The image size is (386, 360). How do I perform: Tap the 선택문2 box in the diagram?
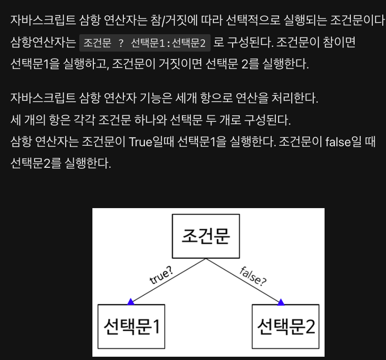pos(285,327)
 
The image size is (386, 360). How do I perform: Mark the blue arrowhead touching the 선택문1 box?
pos(131,301)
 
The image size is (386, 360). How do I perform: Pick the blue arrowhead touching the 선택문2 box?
pos(281,302)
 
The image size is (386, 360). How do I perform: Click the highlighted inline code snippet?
pos(144,44)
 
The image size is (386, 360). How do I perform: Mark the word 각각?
pos(83,120)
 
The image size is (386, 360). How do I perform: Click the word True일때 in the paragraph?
pos(151,142)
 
